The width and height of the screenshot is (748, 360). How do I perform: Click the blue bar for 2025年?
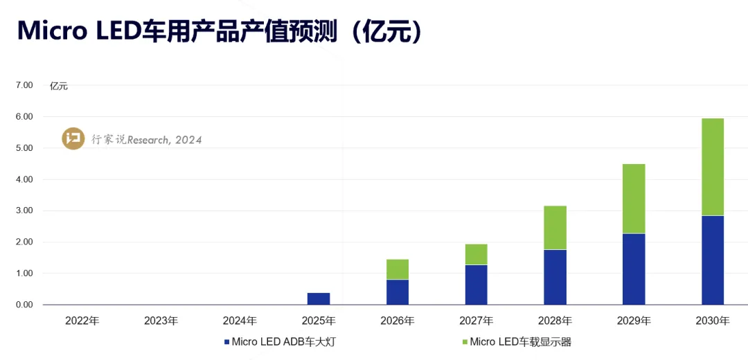(x=319, y=298)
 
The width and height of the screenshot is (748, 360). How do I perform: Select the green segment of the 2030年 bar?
(x=713, y=167)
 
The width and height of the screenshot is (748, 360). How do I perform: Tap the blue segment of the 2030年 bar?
(x=713, y=260)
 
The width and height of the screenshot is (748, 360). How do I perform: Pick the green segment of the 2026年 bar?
(x=398, y=269)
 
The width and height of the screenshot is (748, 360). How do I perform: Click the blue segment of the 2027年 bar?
(x=477, y=285)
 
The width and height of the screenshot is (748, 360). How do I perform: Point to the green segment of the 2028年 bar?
(x=555, y=228)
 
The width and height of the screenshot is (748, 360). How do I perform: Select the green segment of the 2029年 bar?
(x=634, y=199)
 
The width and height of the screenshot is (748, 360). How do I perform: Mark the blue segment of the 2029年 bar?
(x=634, y=269)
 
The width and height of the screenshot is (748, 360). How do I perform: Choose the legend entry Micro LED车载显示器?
(x=515, y=341)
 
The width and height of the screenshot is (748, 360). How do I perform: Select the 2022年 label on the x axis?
(x=82, y=321)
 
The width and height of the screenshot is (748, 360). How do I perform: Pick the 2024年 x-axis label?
(x=240, y=321)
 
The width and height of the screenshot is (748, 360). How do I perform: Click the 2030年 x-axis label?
(x=713, y=321)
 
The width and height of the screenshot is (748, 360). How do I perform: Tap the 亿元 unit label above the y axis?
(x=59, y=87)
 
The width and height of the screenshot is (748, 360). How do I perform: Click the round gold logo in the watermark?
(x=73, y=138)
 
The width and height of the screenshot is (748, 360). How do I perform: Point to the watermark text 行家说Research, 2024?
(x=147, y=140)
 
